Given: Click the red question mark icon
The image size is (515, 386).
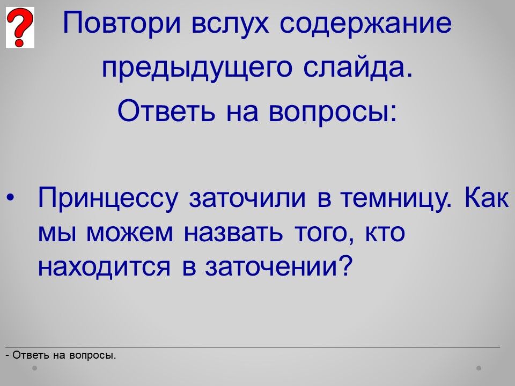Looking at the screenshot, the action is click(x=20, y=27).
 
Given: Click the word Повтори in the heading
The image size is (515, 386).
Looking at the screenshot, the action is click(x=122, y=23).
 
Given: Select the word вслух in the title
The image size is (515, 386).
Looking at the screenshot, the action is click(x=230, y=23).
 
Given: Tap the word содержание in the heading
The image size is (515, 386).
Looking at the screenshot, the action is click(x=365, y=23).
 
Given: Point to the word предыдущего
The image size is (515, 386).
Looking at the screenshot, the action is click(x=197, y=68).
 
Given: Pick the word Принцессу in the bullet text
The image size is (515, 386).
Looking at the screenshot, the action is click(x=108, y=198).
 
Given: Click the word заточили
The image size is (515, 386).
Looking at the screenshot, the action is click(x=247, y=198).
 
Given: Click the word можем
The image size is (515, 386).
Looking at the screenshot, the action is click(x=130, y=233).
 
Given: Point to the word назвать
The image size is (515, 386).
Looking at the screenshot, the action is click(x=233, y=233).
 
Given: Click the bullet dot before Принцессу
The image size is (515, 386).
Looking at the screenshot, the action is click(x=11, y=198).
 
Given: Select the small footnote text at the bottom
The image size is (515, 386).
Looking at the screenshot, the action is click(x=61, y=355).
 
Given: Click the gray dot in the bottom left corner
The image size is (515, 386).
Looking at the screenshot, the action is click(x=34, y=368).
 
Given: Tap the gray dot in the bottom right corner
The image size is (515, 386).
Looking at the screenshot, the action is click(x=479, y=368).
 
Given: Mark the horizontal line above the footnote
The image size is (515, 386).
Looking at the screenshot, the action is click(x=253, y=347).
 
